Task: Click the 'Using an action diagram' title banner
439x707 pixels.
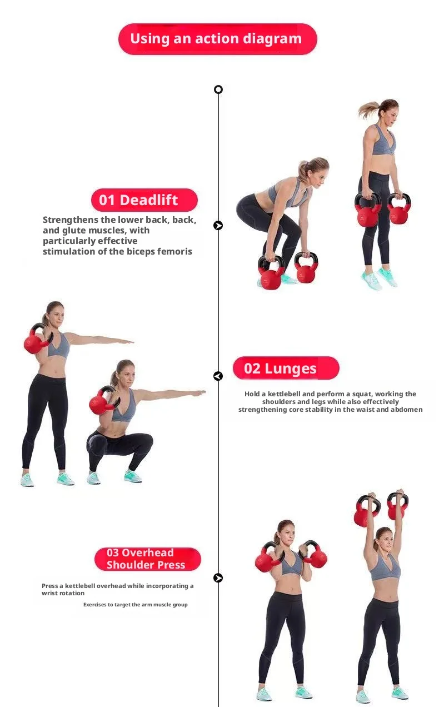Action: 218,39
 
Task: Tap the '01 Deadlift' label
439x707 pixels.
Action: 144,200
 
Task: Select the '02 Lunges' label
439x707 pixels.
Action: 286,368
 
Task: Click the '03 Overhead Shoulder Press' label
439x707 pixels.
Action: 147,559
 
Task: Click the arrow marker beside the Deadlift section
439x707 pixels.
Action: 218,225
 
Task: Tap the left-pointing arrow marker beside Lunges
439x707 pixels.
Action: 218,376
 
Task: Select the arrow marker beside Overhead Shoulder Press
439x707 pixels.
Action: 218,577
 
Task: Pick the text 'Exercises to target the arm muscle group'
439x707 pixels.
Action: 136,604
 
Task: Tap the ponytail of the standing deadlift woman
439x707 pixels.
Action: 368,109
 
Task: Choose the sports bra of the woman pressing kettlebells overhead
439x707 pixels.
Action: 385,569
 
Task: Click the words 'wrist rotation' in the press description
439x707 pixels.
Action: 63,593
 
